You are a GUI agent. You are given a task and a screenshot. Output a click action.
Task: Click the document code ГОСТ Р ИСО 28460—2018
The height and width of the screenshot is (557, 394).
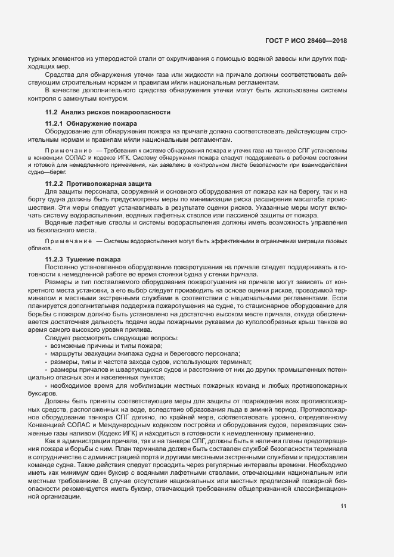click(306, 41)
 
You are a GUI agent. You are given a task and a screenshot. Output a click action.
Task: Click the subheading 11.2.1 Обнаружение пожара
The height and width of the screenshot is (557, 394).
click(91, 123)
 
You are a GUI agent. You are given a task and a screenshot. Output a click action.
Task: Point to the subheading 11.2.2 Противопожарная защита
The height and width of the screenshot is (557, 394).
click(99, 182)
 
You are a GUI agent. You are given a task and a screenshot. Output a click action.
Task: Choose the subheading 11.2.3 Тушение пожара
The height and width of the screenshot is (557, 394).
click(83, 260)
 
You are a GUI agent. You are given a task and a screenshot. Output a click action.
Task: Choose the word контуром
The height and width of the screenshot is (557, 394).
click(111, 98)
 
